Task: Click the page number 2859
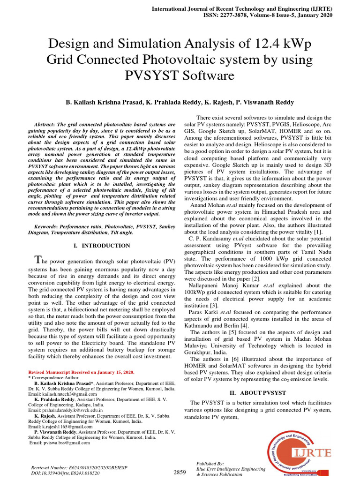pyautogui.click(x=180, y=472)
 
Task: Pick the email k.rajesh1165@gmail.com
pyautogui.click(x=57, y=427)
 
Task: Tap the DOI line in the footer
pyautogui.click(x=65, y=474)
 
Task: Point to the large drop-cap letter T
pyautogui.click(x=39, y=260)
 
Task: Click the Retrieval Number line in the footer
pyautogui.click(x=78, y=468)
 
